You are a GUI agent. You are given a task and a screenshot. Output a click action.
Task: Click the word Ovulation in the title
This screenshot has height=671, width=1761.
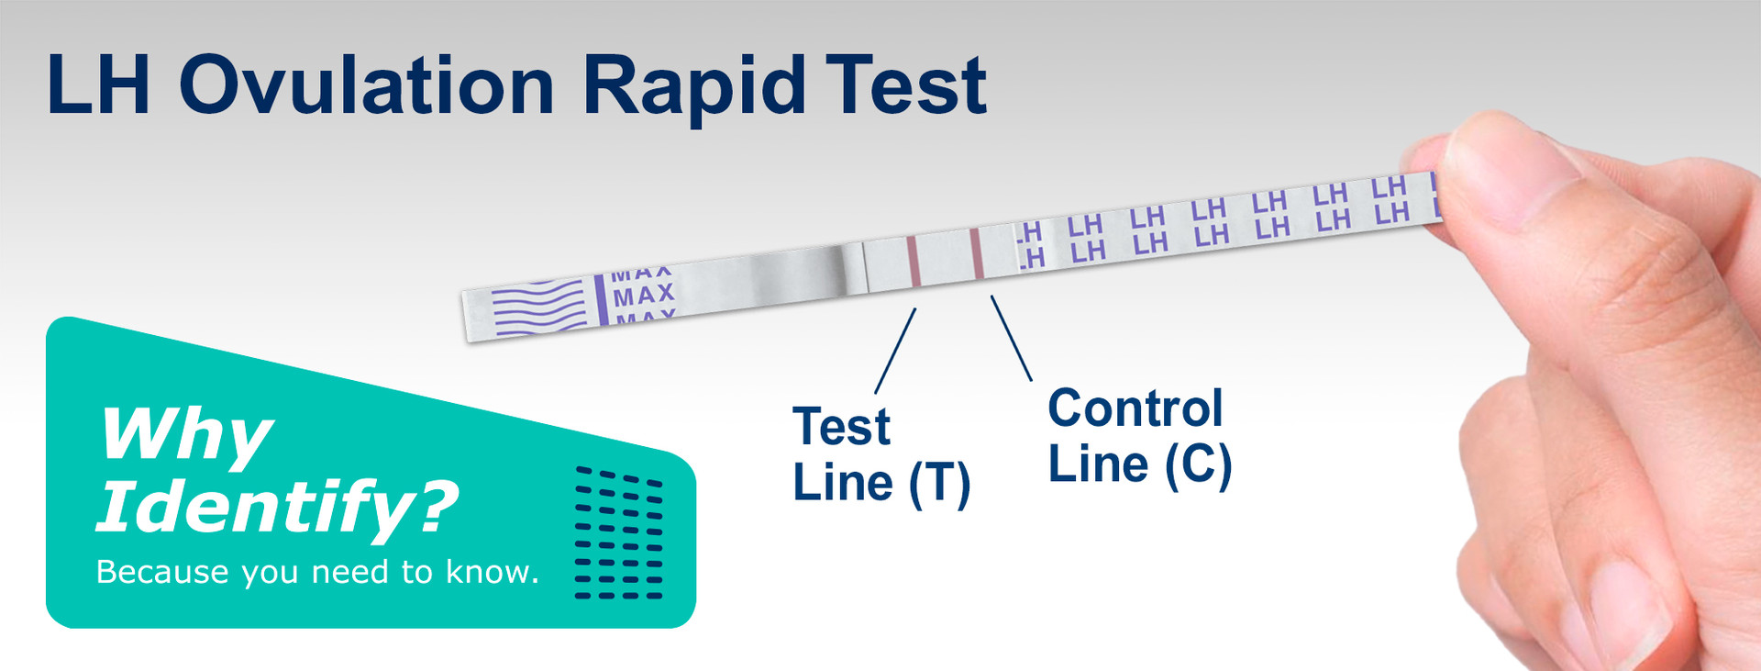point(367,84)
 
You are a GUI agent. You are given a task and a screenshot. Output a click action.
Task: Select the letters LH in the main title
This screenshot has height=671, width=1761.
point(98,84)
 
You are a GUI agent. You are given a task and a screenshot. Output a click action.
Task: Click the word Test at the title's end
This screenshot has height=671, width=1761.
point(905,84)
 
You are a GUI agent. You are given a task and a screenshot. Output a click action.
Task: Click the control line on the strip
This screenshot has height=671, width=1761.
point(976,252)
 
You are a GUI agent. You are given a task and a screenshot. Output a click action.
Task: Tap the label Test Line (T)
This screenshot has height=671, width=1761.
point(881,456)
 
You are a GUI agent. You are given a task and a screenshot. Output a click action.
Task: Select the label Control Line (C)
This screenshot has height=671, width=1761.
point(1139,437)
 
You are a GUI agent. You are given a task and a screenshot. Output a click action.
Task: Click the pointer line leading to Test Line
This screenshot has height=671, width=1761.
point(896,351)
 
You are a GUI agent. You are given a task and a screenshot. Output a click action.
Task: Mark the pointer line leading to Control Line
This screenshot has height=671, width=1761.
point(1012,338)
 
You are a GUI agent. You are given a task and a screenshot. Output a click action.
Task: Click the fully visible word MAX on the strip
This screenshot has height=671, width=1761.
point(644,296)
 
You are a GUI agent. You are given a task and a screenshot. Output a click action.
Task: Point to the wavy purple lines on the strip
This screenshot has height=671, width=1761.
point(539,308)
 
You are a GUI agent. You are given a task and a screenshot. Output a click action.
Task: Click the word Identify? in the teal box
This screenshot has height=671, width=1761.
point(277,507)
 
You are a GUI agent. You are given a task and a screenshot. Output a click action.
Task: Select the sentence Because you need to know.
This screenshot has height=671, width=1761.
point(317,572)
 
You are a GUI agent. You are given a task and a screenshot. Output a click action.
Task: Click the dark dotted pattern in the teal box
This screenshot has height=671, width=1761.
point(618,533)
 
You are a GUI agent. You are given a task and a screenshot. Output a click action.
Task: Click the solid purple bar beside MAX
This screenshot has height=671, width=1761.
point(601,299)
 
